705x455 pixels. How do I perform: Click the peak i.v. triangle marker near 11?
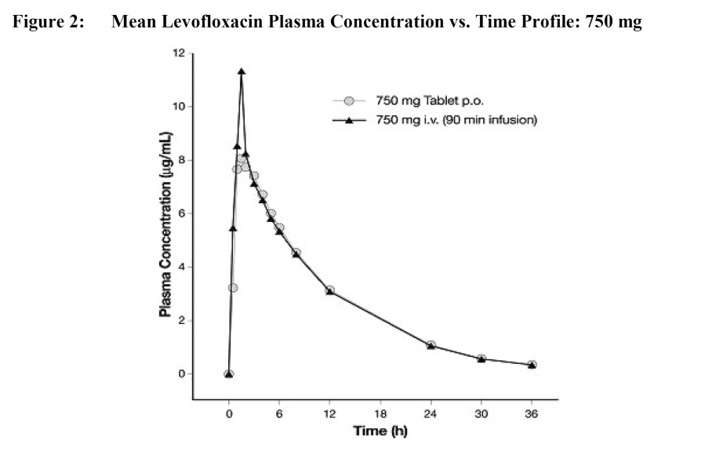pos(242,71)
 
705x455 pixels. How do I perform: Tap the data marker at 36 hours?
pos(532,365)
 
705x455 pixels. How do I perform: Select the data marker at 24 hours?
pos(431,345)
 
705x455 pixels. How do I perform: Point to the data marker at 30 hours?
pos(482,359)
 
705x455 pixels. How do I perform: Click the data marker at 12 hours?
pos(330,290)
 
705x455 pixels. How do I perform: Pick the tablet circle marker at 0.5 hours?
pos(233,288)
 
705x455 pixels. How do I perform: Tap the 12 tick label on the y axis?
pos(179,53)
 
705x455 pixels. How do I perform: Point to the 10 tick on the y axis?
pos(179,107)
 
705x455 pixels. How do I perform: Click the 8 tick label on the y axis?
pos(181,160)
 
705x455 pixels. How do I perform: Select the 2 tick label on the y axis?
pos(181,320)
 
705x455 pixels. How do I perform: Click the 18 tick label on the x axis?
pos(380,415)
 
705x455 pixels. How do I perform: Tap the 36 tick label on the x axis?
pos(532,415)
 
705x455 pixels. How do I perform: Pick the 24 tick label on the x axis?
pos(431,415)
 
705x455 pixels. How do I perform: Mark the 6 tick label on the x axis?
pos(279,415)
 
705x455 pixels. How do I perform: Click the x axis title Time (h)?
pos(380,431)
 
